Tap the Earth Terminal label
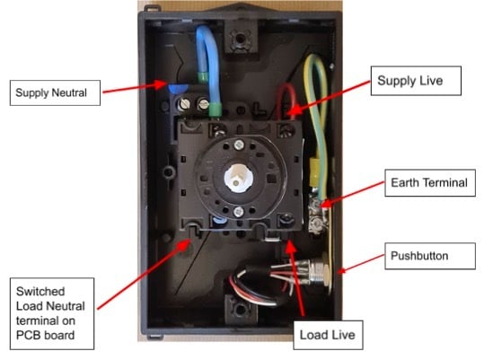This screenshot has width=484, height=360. coord(427,182)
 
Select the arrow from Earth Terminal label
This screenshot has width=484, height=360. coord(355,193)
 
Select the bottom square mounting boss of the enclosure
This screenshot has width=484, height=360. coord(238,311)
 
